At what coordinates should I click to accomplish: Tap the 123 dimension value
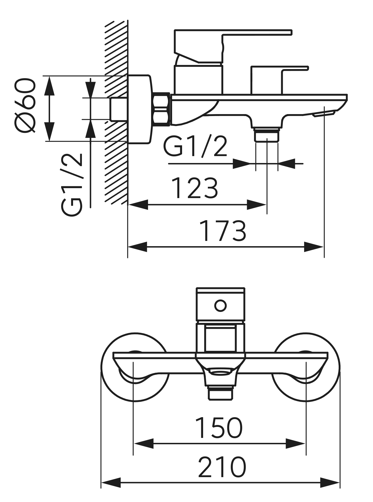click(195, 188)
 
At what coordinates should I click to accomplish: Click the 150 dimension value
click(219, 428)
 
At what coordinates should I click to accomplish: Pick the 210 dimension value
click(222, 468)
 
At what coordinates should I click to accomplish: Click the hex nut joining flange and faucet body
click(162, 109)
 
